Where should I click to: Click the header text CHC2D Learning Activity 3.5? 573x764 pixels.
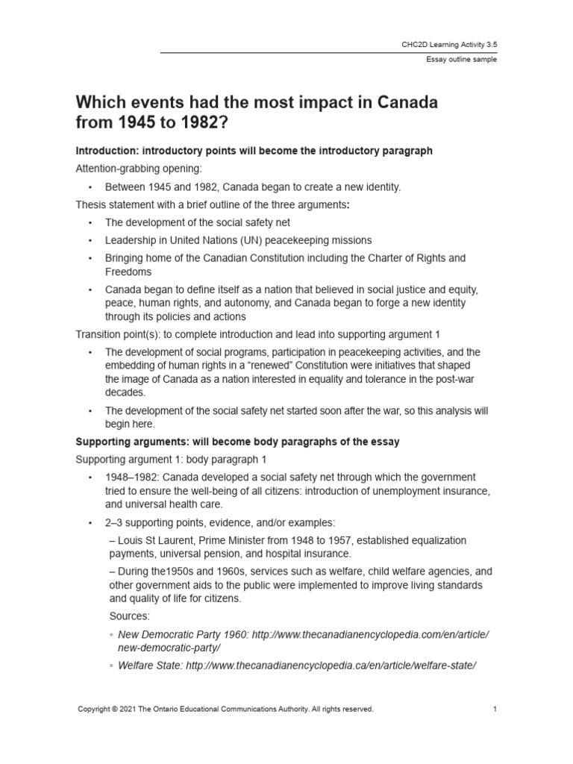[448, 45]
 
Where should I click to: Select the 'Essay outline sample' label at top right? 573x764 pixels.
[461, 60]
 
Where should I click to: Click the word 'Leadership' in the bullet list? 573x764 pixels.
[131, 240]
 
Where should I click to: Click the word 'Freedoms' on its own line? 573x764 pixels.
[128, 272]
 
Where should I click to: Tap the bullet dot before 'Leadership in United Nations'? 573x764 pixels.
[90, 240]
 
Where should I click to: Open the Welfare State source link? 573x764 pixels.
[297, 665]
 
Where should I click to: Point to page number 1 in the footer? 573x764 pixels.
[494, 709]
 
